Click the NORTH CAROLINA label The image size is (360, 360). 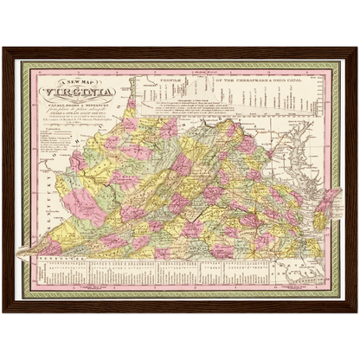216,258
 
